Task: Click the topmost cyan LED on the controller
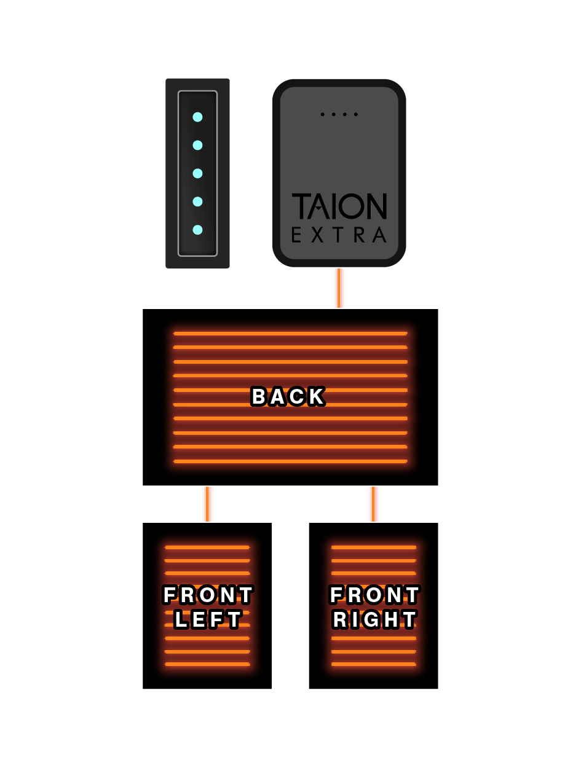(197, 117)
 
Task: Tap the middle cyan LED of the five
(197, 173)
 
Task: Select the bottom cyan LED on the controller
(197, 230)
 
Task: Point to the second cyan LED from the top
(197, 145)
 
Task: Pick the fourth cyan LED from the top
(197, 202)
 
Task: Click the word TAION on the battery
(339, 206)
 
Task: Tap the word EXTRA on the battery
(339, 235)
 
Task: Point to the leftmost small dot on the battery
(322, 114)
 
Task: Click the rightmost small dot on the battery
(355, 114)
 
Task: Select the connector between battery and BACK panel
(339, 288)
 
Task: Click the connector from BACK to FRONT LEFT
(208, 504)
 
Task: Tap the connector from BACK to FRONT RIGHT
(374, 504)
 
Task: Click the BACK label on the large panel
(288, 398)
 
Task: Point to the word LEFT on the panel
(208, 619)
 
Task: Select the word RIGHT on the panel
(374, 619)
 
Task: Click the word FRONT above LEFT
(208, 595)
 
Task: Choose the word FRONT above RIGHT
(374, 595)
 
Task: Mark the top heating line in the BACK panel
(290, 334)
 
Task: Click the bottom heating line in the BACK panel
(290, 461)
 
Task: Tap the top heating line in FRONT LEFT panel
(208, 547)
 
